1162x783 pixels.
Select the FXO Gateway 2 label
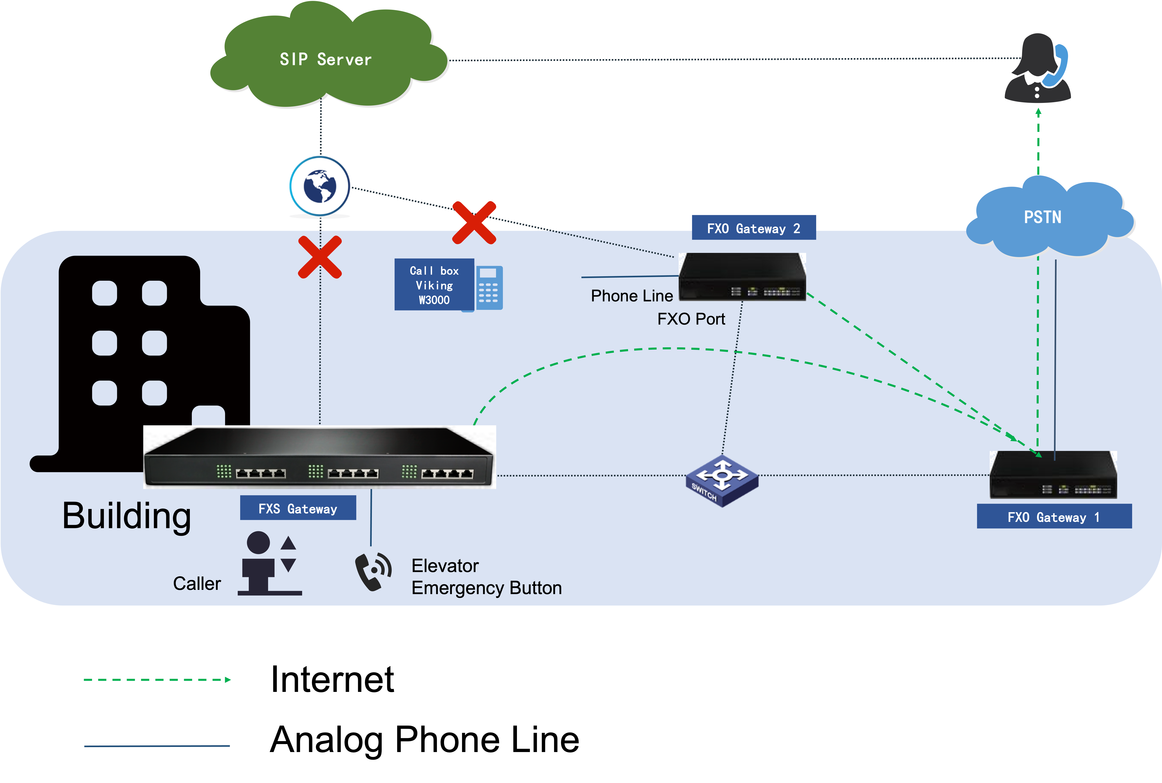coord(754,228)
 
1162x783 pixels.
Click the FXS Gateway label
coord(298,508)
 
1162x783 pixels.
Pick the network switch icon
coord(721,480)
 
